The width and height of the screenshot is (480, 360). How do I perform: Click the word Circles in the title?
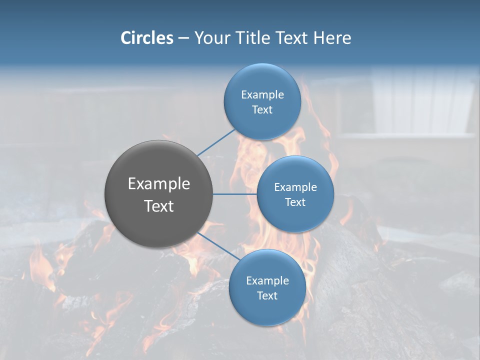pyautogui.click(x=147, y=38)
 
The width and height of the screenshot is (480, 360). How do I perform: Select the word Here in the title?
pyautogui.click(x=332, y=38)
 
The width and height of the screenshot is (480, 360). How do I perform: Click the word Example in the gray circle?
pyautogui.click(x=159, y=184)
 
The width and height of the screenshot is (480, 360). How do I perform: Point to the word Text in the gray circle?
pyautogui.click(x=159, y=206)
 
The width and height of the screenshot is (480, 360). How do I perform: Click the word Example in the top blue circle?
pyautogui.click(x=262, y=94)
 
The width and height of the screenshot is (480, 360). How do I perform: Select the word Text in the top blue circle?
pyautogui.click(x=262, y=110)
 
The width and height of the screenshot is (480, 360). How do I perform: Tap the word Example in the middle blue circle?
pyautogui.click(x=295, y=187)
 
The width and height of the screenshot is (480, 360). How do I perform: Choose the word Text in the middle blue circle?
pyautogui.click(x=295, y=202)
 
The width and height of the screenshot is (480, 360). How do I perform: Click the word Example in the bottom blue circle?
pyautogui.click(x=267, y=280)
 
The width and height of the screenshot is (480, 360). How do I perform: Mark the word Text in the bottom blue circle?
pyautogui.click(x=267, y=295)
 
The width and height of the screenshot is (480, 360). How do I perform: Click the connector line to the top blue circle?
pyautogui.click(x=216, y=142)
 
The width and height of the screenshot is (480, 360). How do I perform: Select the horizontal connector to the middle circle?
pyautogui.click(x=234, y=194)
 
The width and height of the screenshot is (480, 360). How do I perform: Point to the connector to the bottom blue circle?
pyautogui.click(x=218, y=246)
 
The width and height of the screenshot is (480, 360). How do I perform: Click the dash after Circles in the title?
pyautogui.click(x=183, y=38)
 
